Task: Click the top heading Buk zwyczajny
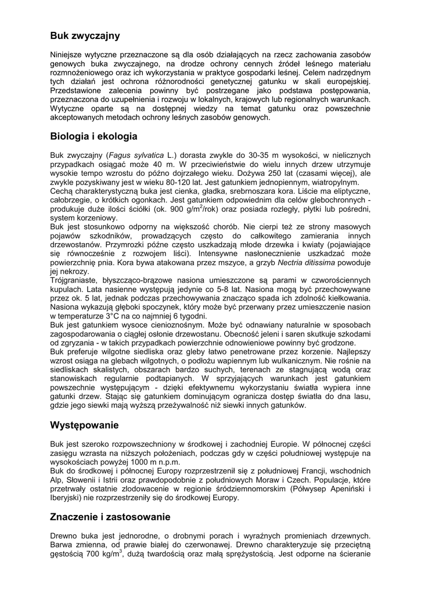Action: pyautogui.click(x=85, y=36)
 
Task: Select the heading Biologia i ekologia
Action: pyautogui.click(x=93, y=136)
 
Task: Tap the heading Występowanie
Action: pyautogui.click(x=84, y=425)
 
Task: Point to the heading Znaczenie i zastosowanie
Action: pyautogui.click(x=110, y=516)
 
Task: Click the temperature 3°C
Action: pyautogui.click(x=114, y=316)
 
